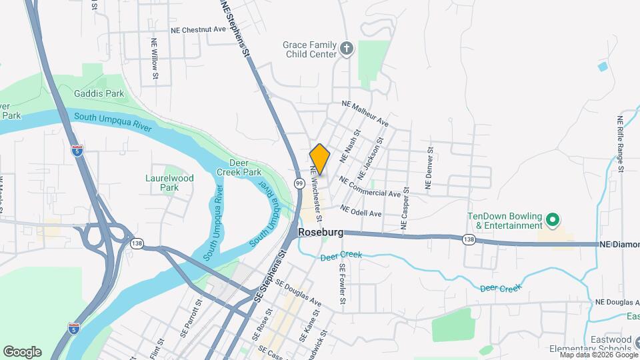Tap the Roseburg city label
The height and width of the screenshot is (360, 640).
(321, 233)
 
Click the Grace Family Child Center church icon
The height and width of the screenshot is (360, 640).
(346, 48)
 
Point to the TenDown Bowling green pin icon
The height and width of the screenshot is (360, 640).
(551, 219)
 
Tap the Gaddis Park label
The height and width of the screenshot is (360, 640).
(99, 94)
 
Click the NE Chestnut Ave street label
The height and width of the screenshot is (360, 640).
(198, 30)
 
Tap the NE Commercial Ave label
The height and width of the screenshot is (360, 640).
(369, 187)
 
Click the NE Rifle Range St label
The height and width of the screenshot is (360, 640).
(620, 144)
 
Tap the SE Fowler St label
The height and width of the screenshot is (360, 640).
(343, 283)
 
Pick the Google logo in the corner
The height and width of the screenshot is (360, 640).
(22, 352)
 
